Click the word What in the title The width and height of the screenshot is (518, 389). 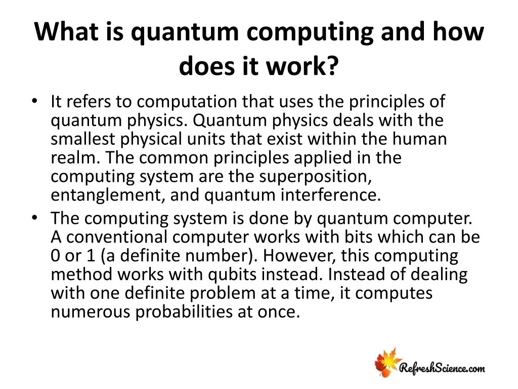click(62, 33)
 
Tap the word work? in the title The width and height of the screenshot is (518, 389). click(305, 67)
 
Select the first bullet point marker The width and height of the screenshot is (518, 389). click(34, 101)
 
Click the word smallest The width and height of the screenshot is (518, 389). click(85, 139)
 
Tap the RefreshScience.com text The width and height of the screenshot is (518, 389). click(441, 368)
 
